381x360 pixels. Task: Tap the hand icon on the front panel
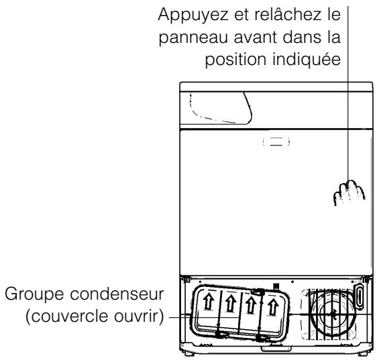(x=353, y=195)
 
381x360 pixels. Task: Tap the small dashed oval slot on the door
(x=274, y=141)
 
